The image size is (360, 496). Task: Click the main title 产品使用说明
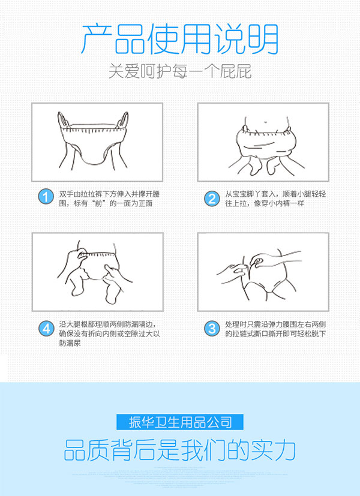(x=180, y=39)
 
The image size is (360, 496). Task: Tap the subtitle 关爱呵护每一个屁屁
(x=180, y=72)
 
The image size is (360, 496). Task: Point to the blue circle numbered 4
(x=44, y=328)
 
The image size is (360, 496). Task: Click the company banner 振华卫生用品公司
(x=180, y=422)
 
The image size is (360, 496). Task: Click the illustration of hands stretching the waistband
(x=97, y=142)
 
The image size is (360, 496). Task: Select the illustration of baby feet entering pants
(x=263, y=142)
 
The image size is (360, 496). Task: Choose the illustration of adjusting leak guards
(x=97, y=271)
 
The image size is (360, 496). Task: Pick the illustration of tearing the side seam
(x=263, y=271)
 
